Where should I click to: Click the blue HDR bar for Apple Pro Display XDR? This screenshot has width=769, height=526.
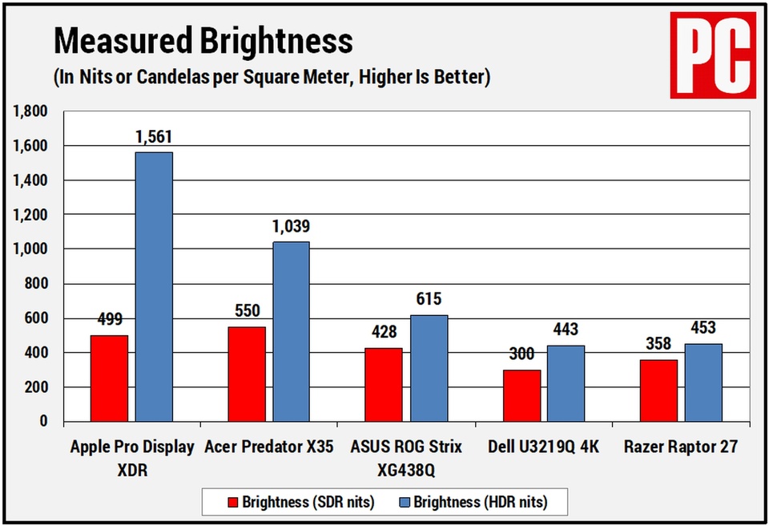[154, 286]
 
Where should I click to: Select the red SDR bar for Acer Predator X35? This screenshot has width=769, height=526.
[247, 374]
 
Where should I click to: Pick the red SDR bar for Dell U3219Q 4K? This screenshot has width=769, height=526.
[521, 395]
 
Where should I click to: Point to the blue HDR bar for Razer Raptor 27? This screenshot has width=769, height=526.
[703, 382]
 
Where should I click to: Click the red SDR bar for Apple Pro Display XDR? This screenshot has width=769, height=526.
[109, 378]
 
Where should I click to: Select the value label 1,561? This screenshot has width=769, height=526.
[153, 137]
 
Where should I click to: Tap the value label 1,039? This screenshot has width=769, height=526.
[291, 227]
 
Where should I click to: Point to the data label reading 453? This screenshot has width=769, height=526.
[703, 328]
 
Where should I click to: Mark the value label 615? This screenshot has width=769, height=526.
[429, 300]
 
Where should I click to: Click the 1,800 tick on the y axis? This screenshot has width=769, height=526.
[30, 111]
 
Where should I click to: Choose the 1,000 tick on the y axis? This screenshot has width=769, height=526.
[30, 249]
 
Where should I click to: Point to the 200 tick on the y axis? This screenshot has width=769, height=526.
[36, 387]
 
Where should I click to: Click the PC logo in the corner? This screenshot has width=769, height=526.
[712, 54]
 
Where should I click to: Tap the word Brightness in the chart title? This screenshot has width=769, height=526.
[260, 40]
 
